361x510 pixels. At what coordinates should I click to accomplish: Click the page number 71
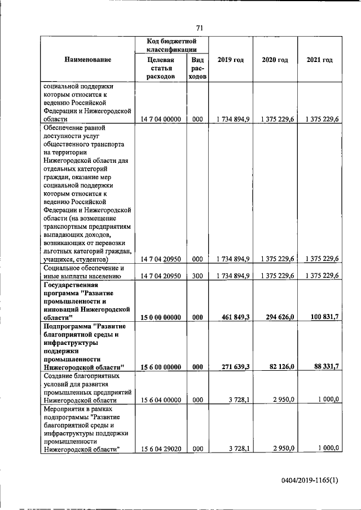pos(199,29)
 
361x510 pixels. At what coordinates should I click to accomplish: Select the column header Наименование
pos(87,60)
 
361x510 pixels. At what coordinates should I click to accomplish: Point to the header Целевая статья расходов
pos(159,68)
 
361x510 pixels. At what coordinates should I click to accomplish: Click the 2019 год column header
pos(230,60)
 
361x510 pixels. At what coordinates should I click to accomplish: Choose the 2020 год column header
pos(275,60)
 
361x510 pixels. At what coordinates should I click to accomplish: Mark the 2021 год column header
pos(319,60)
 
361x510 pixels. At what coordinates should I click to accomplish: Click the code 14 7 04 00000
pos(160,119)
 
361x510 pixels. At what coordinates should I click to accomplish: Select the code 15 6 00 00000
pos(160,367)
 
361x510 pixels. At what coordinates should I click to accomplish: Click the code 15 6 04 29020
pos(160,449)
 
